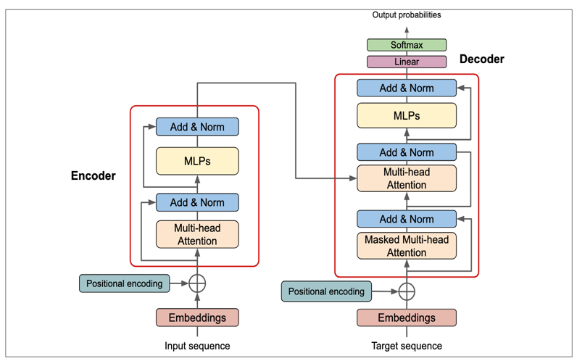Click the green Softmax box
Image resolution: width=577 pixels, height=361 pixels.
pos(407,45)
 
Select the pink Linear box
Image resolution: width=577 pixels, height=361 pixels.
pos(407,62)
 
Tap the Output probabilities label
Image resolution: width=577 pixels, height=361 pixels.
pos(407,14)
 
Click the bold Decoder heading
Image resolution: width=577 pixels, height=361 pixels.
pos(481,59)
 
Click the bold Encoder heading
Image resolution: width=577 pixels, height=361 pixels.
pos(93,176)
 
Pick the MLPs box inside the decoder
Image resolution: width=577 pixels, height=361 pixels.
pos(407,116)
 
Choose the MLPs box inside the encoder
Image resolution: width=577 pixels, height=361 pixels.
pos(197,161)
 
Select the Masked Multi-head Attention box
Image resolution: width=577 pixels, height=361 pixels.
pos(407,246)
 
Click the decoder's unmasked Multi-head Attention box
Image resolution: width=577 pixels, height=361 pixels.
pos(407,178)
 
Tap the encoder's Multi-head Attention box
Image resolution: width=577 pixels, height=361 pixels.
pos(197,234)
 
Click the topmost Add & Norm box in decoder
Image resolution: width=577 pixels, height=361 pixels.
pos(407,88)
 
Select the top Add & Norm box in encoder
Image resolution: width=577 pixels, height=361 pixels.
pos(197,127)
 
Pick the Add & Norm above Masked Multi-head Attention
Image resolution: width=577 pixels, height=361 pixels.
pos(407,219)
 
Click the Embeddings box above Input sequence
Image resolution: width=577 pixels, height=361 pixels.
pos(197,318)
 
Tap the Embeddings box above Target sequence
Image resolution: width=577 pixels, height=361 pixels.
pos(407,318)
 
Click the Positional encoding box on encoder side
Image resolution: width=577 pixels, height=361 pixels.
pos(124,283)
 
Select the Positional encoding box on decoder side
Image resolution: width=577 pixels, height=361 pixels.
pos(326,291)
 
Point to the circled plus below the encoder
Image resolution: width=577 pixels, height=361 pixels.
pos(197,283)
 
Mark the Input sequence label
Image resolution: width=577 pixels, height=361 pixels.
pos(197,346)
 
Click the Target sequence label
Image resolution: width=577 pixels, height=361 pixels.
pos(407,346)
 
